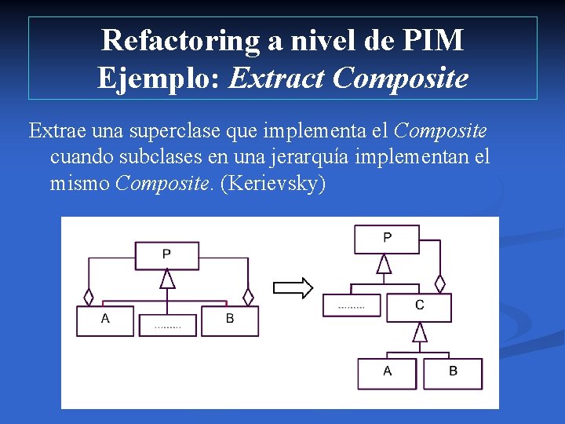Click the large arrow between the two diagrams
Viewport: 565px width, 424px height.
[293, 288]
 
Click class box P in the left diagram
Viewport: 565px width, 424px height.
[166, 254]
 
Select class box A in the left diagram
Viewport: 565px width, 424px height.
[105, 320]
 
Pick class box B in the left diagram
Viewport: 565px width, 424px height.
[230, 320]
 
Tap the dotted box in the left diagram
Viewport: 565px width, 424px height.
[168, 325]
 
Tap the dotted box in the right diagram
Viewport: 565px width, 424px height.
[352, 305]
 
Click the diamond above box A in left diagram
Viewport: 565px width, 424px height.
[89, 298]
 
